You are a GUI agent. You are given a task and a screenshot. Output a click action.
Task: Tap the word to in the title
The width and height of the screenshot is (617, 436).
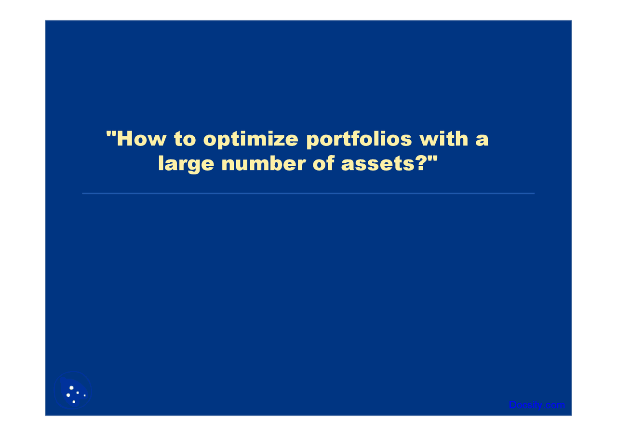(185, 139)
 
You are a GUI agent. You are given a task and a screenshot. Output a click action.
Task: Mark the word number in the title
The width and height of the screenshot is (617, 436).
(263, 164)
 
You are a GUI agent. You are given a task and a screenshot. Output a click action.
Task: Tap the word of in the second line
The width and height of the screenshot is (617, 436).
(324, 164)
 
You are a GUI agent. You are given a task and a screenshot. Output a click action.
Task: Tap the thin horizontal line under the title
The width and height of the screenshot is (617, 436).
(308, 193)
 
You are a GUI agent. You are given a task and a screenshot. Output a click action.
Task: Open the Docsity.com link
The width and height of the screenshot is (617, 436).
(537, 405)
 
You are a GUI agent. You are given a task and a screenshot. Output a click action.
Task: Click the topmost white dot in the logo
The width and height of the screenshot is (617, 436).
(71, 388)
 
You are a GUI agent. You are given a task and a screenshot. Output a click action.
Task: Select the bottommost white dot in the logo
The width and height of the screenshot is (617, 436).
(74, 402)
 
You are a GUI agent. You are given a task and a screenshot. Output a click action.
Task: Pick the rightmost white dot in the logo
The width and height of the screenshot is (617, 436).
(85, 396)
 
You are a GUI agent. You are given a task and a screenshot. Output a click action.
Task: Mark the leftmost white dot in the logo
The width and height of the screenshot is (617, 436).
(68, 395)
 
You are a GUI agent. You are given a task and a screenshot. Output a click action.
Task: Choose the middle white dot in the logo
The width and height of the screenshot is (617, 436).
(78, 393)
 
